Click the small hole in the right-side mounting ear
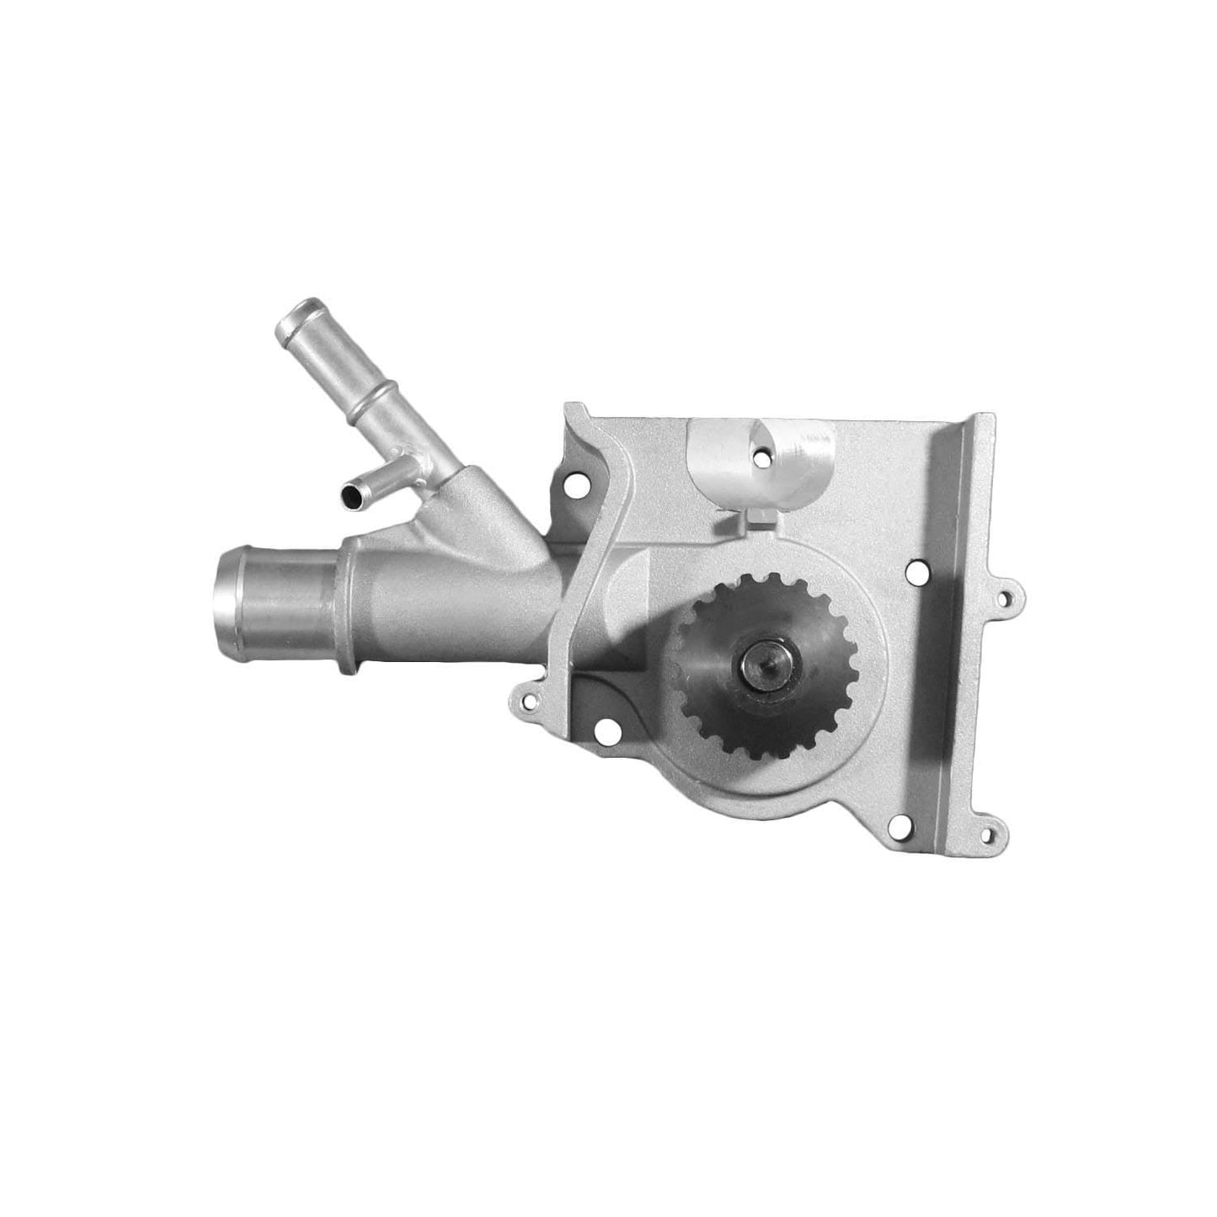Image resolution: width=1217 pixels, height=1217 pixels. pyautogui.click(x=1005, y=600)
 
